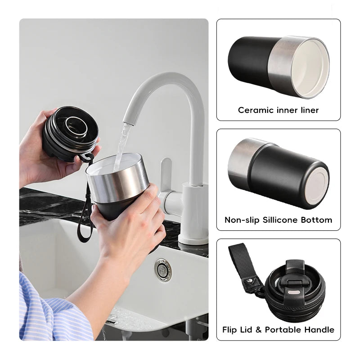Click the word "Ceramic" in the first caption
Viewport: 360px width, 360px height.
256,110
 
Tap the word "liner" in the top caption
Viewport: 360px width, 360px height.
310,110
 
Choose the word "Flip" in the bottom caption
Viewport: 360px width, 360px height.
230,330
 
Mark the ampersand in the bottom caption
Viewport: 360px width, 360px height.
258,330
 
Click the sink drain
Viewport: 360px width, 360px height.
163,270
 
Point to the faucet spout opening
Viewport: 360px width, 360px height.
129,123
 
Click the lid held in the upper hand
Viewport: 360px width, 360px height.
71,133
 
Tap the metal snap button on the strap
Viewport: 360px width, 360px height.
251,280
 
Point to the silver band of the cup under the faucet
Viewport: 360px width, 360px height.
117,181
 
